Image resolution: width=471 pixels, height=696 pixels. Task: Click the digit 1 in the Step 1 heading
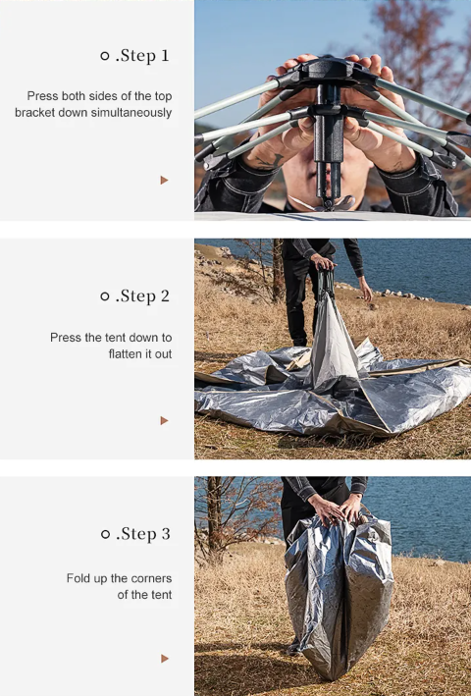tap(165, 56)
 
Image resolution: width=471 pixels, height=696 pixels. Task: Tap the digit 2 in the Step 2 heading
tap(165, 296)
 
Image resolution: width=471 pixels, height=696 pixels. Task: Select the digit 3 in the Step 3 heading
tap(166, 534)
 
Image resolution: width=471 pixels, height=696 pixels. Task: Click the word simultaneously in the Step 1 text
tap(131, 113)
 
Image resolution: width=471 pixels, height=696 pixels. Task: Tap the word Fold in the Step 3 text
tap(77, 578)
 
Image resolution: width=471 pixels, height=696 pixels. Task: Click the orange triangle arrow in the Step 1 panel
tap(165, 181)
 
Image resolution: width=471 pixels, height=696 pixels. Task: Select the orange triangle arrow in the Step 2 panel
tap(165, 420)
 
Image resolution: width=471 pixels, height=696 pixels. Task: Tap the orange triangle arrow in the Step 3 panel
tap(165, 659)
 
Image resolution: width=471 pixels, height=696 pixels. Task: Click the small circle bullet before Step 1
tap(105, 56)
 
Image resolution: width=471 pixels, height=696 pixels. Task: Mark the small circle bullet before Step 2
tap(105, 296)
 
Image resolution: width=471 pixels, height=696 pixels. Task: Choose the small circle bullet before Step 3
tap(105, 534)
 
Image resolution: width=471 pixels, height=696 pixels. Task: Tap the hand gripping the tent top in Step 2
tap(323, 262)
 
